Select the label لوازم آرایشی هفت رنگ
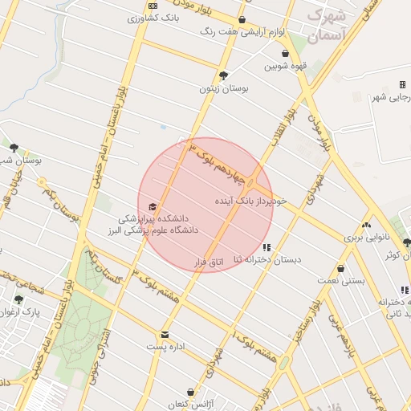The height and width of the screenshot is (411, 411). tap(241, 32)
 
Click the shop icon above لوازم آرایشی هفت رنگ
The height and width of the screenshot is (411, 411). tap(242, 20)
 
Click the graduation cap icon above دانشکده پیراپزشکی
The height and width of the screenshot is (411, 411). tap(153, 207)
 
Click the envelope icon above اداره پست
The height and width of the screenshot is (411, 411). tap(165, 335)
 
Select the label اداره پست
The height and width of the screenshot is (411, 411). tap(165, 347)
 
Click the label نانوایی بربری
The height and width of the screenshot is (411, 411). tap(367, 238)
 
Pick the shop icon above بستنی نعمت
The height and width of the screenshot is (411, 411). tap(343, 268)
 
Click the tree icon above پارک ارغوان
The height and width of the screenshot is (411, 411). tap(18, 299)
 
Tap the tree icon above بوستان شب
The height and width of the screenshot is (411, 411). tap(14, 147)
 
